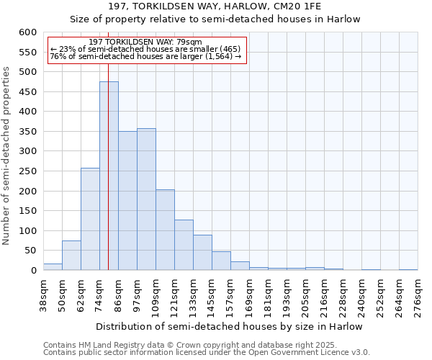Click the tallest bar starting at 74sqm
click(x=109, y=176)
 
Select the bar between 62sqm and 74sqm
click(x=90, y=219)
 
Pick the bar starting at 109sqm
click(x=165, y=230)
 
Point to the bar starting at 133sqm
click(x=202, y=253)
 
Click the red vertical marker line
click(x=108, y=144)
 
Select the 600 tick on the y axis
click(x=27, y=32)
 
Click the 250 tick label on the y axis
click(x=27, y=171)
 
